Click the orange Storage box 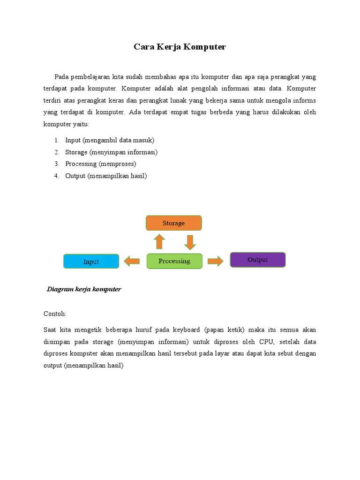173,223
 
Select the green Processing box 174,261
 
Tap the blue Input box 91,262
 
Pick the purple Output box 257,260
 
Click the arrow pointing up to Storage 159,242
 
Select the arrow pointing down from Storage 189,242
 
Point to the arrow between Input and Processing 132,261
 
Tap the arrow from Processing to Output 215,261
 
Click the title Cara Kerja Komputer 180,47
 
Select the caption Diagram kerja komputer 84,289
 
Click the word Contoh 55,313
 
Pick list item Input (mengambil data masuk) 110,140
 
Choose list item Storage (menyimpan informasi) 112,152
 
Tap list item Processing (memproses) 101,164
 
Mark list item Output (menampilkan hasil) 106,176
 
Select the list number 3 56,164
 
